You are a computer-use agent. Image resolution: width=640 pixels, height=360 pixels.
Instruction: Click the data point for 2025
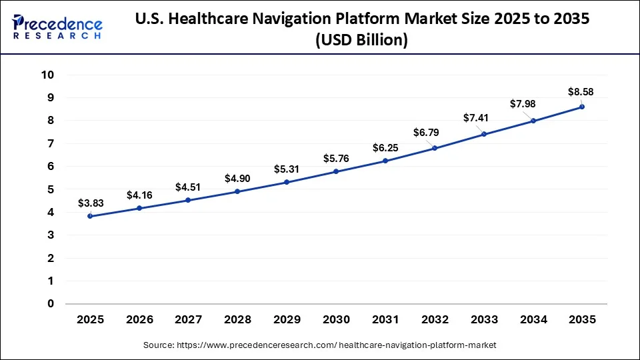coord(90,216)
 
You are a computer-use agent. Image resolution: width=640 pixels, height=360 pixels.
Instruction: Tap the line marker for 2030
coord(336,171)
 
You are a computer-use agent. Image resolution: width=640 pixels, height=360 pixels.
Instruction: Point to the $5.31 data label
coord(287,169)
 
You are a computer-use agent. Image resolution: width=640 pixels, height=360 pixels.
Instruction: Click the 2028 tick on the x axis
coord(237,320)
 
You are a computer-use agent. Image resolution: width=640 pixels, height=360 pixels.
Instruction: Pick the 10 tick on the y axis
coord(47,75)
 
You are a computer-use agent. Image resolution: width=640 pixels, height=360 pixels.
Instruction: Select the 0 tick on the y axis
coord(50,304)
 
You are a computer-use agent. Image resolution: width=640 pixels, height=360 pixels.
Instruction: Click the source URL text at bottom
coord(320,345)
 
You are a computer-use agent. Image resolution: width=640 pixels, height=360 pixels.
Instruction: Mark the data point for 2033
coord(484,134)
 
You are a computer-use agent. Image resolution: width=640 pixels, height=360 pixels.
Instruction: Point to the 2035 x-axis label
coord(582,320)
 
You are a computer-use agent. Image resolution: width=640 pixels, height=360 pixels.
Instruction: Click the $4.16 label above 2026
coord(140,195)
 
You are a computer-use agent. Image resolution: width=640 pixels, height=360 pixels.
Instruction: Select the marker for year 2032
coord(435,148)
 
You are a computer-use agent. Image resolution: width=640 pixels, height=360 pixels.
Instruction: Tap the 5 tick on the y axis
coord(50,189)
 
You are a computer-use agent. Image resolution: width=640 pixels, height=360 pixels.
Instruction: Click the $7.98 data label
coord(523,104)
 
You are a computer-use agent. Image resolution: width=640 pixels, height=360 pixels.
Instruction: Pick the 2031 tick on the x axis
coord(385,320)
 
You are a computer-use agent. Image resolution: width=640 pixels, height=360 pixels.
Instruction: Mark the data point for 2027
coord(189,200)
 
